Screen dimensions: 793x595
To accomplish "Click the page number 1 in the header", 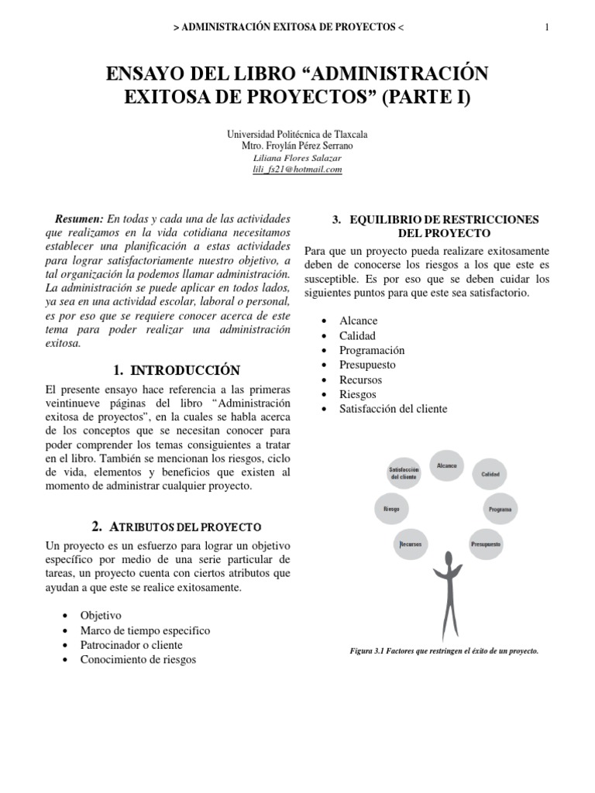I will [547, 28].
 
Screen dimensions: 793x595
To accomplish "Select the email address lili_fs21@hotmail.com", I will [297, 170].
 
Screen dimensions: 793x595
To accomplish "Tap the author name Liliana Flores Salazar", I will [297, 158].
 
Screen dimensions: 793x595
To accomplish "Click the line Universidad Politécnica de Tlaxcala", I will [297, 134].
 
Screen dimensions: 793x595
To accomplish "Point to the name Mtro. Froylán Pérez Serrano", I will [297, 146].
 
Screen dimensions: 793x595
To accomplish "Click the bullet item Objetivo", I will [101, 616].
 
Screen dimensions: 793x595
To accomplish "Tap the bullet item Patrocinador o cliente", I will [131, 645].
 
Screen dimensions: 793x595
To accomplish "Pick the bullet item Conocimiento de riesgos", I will [138, 660].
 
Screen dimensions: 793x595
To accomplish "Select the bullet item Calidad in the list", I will [356, 335].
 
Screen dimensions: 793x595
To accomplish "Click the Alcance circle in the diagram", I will [447, 467].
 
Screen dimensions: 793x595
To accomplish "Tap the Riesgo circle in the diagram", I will [391, 510].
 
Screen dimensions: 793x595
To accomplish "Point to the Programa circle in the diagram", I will [500, 510].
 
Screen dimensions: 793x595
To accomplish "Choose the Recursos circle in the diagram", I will [411, 544].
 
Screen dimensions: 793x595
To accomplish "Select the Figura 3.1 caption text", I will [444, 651].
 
